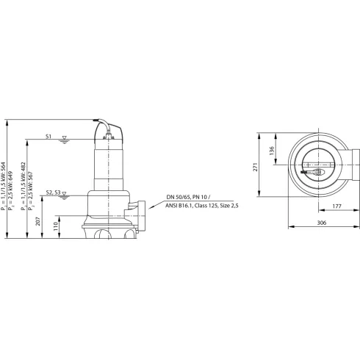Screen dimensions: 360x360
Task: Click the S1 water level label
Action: (48, 137)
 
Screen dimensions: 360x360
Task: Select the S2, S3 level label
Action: (53, 192)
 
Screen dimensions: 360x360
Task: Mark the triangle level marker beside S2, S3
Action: (65, 194)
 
